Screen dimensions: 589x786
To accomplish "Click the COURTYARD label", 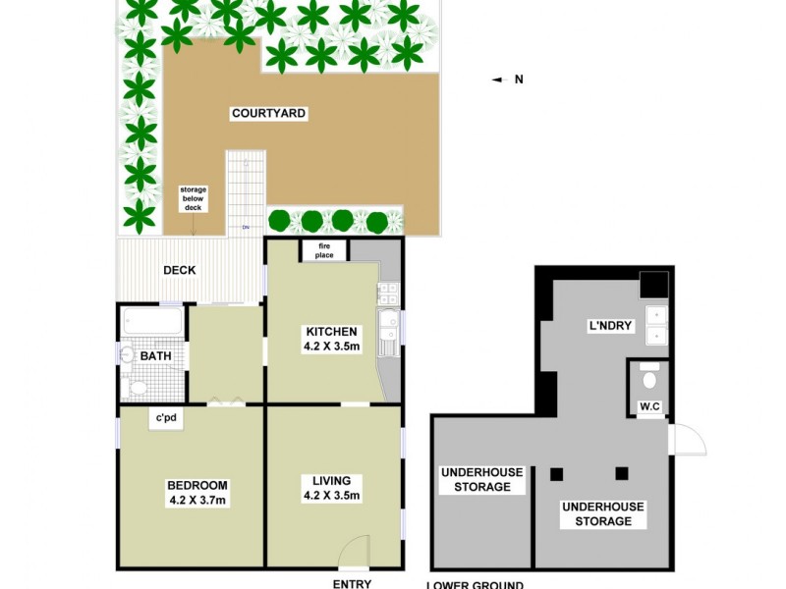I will [268, 114].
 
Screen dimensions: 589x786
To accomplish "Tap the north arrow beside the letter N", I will [498, 80].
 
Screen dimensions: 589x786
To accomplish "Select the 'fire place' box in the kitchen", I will [324, 250].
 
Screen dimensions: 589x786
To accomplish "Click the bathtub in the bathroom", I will [151, 322].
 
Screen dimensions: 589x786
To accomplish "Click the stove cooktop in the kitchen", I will [387, 292].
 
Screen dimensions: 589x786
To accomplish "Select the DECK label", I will [180, 271].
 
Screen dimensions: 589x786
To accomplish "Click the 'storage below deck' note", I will [193, 199].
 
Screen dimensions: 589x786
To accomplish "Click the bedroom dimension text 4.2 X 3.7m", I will [196, 502].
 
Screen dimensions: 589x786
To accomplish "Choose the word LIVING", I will [332, 480].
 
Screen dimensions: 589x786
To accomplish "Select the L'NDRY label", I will [609, 325].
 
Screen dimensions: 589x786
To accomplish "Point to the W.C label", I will [648, 405].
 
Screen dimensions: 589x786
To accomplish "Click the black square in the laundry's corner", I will [652, 283].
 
